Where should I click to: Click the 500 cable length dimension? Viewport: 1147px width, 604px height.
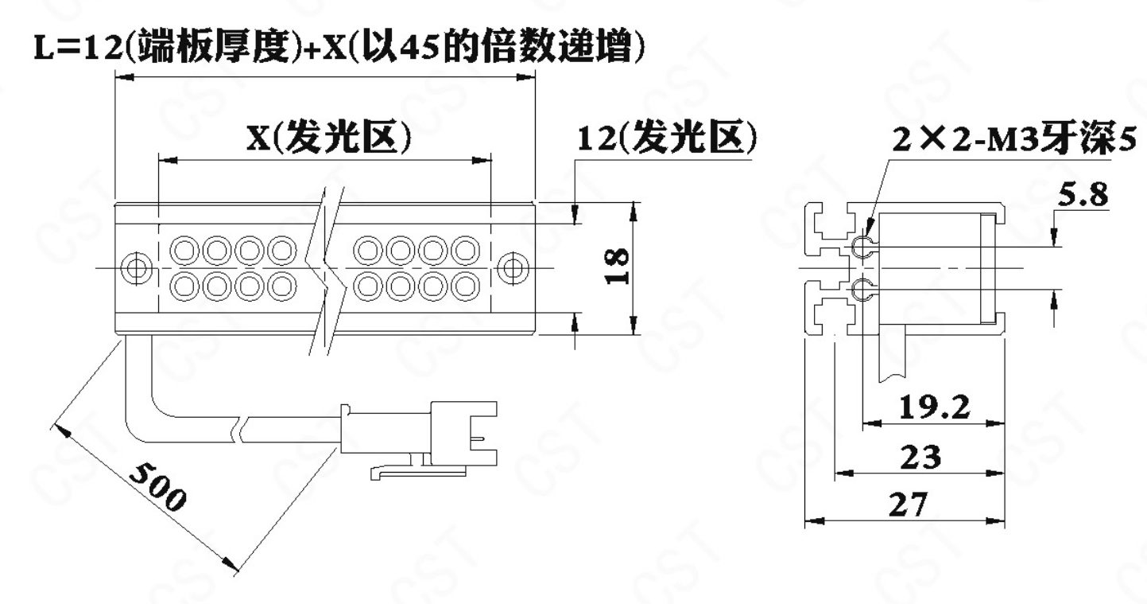click(x=157, y=487)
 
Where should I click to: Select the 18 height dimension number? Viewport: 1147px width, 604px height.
click(x=617, y=266)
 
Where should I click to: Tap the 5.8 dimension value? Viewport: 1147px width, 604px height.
click(x=1083, y=194)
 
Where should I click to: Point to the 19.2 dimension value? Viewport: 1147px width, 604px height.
click(x=935, y=407)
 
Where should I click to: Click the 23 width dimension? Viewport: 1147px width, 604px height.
click(x=920, y=457)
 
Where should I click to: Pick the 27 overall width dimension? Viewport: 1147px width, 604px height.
click(x=908, y=505)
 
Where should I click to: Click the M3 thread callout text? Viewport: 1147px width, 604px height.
click(x=1014, y=138)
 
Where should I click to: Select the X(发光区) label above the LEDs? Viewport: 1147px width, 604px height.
click(x=329, y=138)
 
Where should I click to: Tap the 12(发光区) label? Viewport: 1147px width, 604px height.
click(x=667, y=138)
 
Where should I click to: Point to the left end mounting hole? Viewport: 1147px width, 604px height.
click(x=137, y=267)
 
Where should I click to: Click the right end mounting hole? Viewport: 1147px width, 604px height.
click(x=513, y=267)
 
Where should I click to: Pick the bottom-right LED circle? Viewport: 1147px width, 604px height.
click(x=465, y=286)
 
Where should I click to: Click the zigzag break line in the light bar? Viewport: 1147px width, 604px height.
click(x=325, y=271)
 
